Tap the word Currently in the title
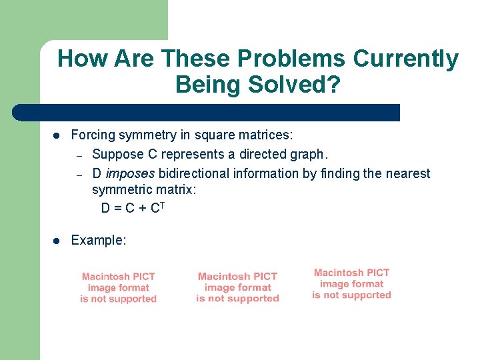[x=405, y=59]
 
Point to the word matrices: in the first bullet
[x=267, y=135]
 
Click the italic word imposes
[x=130, y=174]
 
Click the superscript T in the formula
[x=162, y=205]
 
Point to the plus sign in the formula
[x=140, y=209]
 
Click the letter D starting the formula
[x=105, y=209]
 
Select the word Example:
[x=98, y=241]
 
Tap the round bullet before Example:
[x=57, y=241]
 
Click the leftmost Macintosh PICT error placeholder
[x=118, y=288]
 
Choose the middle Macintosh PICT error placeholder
[x=237, y=288]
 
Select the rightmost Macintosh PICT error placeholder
[x=351, y=284]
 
